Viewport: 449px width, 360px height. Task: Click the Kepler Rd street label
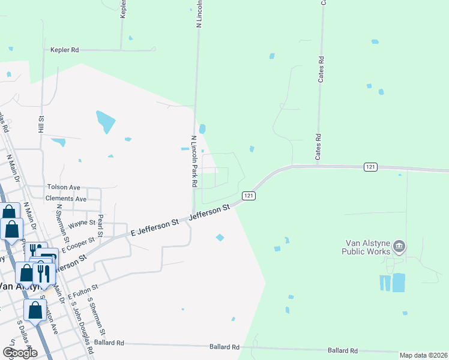tap(65, 50)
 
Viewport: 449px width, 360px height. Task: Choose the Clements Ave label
tap(66, 199)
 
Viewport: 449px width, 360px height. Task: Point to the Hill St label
tap(41, 124)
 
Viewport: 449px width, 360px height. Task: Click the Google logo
tap(20, 353)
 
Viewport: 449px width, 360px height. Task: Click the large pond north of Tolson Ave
tap(106, 122)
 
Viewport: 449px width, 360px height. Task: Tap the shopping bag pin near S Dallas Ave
tap(35, 311)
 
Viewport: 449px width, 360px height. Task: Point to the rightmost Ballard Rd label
tap(343, 350)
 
